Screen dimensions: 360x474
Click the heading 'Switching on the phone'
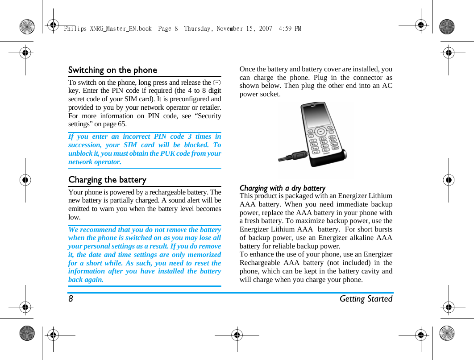click(112, 70)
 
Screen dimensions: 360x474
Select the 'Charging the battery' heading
click(107, 180)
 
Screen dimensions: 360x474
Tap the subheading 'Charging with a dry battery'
click(283, 188)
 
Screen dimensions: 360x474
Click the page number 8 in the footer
click(71, 299)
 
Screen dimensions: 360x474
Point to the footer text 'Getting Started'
click(366, 299)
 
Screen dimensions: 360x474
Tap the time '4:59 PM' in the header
click(290, 29)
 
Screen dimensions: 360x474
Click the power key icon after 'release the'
click(217, 83)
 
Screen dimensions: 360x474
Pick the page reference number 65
click(122, 124)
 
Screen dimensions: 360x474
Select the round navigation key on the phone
click(320, 132)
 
